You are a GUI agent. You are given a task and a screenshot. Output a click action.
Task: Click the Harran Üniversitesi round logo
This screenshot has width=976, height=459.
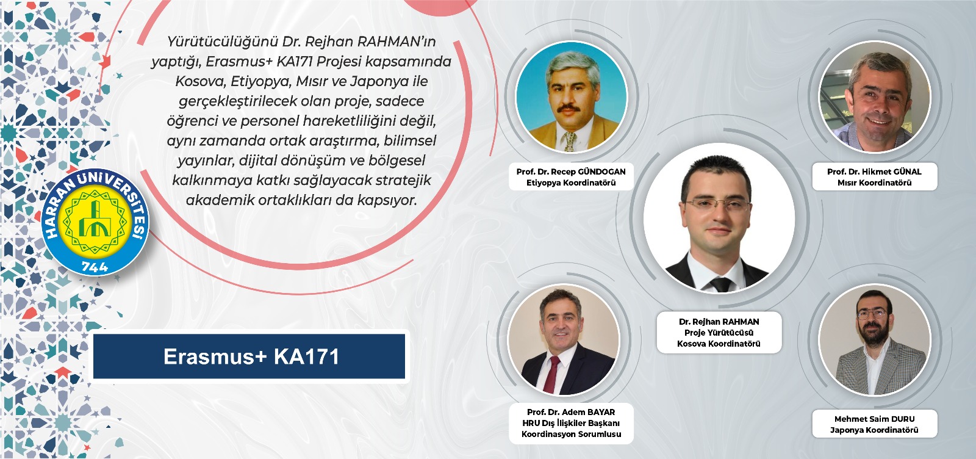pos(95,222)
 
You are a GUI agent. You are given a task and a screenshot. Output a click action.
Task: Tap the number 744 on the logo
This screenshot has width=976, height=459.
pos(95,266)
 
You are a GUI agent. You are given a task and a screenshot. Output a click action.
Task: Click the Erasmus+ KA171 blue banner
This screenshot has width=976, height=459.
pos(249,356)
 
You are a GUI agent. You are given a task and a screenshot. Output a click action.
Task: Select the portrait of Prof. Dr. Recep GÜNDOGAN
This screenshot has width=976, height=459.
pos(571,97)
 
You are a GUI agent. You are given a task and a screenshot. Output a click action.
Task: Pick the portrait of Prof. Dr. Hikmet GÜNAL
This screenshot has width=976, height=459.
pos(875,97)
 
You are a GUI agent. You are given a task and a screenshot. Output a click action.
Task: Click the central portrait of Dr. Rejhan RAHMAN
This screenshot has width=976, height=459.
pos(719,219)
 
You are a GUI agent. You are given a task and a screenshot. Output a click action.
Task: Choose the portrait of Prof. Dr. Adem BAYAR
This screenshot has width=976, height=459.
pos(564,340)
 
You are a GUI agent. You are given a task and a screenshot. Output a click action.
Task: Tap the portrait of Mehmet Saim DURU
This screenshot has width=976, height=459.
pos(875,340)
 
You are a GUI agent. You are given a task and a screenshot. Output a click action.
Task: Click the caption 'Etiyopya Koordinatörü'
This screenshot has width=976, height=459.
pos(571,183)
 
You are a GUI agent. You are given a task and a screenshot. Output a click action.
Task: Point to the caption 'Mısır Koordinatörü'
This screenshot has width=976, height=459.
pos(875,183)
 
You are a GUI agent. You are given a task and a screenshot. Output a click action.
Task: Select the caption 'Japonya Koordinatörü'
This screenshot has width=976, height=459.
pos(874,430)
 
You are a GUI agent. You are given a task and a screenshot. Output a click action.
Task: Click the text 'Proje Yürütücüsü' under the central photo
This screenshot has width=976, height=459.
pos(719,333)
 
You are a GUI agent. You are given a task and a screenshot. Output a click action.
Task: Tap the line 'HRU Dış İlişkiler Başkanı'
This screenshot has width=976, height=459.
pos(571,423)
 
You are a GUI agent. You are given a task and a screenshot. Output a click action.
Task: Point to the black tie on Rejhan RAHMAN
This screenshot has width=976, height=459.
pos(722,284)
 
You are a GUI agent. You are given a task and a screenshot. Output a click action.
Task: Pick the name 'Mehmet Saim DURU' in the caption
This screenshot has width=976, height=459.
pos(875,419)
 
